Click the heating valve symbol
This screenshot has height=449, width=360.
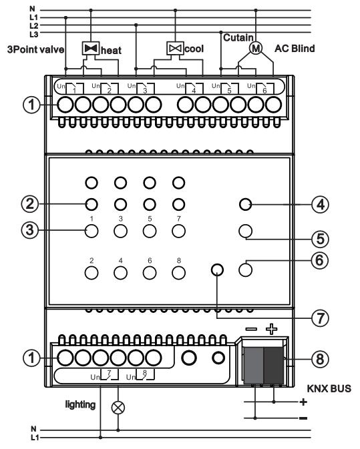pyautogui.click(x=91, y=48)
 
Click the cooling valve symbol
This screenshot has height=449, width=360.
pyautogui.click(x=175, y=48)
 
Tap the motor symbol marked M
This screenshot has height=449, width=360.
pyautogui.click(x=256, y=48)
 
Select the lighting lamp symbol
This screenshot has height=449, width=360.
pyautogui.click(x=118, y=407)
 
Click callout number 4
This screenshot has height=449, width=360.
pyautogui.click(x=320, y=204)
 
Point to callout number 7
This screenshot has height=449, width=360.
pyautogui.click(x=320, y=318)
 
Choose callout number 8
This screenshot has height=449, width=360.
pyautogui.click(x=320, y=359)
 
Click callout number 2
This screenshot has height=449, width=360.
pyautogui.click(x=30, y=204)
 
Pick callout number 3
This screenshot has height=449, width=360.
pyautogui.click(x=30, y=230)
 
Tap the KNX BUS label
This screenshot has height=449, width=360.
pyautogui.click(x=329, y=388)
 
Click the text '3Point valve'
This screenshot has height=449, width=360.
pyautogui.click(x=35, y=49)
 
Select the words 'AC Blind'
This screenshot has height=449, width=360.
pyautogui.click(x=295, y=49)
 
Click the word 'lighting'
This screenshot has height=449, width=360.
pyautogui.click(x=80, y=404)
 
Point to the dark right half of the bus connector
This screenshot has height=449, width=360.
pyautogui.click(x=273, y=366)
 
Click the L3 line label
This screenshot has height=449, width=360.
pyautogui.click(x=34, y=35)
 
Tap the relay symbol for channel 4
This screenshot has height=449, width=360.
pyautogui.click(x=194, y=88)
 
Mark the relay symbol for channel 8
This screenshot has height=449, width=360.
pyautogui.click(x=145, y=374)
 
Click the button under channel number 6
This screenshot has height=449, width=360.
pyautogui.click(x=150, y=273)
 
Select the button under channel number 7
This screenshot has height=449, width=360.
pyautogui.click(x=178, y=231)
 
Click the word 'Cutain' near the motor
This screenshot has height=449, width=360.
pyautogui.click(x=238, y=37)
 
